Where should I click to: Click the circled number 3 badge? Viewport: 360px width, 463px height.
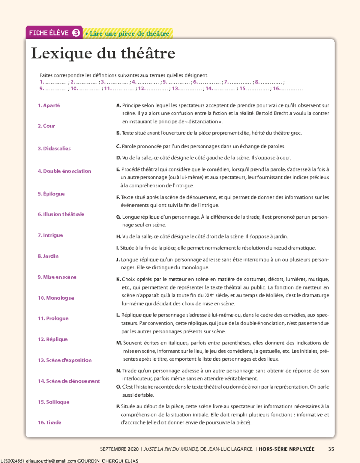pyautogui.click(x=76, y=33)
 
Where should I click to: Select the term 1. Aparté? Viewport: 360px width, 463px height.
pyautogui.click(x=49, y=105)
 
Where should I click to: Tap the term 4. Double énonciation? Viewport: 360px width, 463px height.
pyautogui.click(x=64, y=171)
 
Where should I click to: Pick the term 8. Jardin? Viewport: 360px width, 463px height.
pyautogui.click(x=48, y=256)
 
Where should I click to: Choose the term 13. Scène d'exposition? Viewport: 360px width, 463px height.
pyautogui.click(x=65, y=360)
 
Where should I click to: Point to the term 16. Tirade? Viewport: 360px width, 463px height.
pyautogui.click(x=49, y=422)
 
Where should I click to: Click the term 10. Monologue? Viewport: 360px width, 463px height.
pyautogui.click(x=56, y=298)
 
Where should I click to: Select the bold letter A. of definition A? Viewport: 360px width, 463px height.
pyautogui.click(x=118, y=105)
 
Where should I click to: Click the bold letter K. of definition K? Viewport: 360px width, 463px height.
pyautogui.click(x=118, y=279)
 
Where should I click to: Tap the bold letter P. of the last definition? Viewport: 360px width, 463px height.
pyautogui.click(x=118, y=407)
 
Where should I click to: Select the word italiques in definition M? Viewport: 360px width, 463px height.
pyautogui.click(x=178, y=343)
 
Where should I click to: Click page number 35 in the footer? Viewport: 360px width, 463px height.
pyautogui.click(x=331, y=449)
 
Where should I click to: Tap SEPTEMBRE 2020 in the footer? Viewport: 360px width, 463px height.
pyautogui.click(x=119, y=449)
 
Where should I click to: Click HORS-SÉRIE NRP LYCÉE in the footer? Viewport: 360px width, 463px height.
pyautogui.click(x=286, y=449)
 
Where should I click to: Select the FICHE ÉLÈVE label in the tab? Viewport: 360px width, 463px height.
pyautogui.click(x=49, y=33)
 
